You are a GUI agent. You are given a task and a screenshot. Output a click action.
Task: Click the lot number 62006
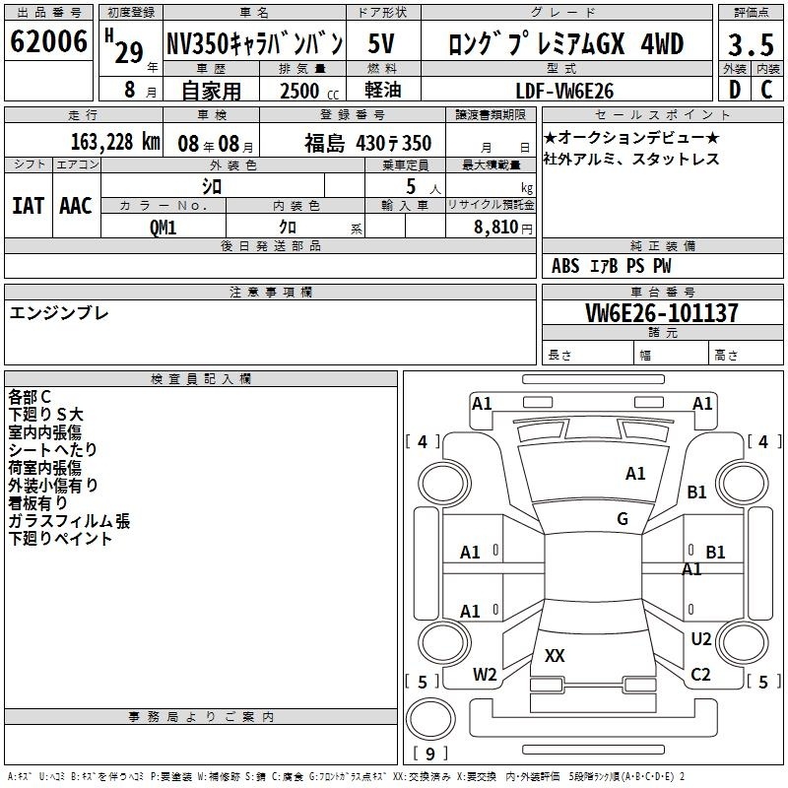[x=48, y=41]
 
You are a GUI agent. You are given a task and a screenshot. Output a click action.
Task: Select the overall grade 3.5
[x=751, y=44]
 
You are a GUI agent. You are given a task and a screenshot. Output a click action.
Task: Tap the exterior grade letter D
[x=735, y=90]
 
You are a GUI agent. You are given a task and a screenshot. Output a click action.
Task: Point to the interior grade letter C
[x=766, y=90]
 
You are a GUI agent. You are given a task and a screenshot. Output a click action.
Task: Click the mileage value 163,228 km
[x=115, y=142]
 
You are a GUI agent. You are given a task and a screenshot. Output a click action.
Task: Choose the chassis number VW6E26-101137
[x=662, y=312]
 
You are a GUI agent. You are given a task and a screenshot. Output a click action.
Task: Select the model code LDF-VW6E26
[x=564, y=91]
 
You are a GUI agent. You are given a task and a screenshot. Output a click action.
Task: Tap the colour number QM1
[x=164, y=228]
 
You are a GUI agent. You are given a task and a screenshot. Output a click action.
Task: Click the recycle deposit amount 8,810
[x=495, y=228]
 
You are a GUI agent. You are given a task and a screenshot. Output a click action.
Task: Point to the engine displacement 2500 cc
[x=309, y=91]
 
